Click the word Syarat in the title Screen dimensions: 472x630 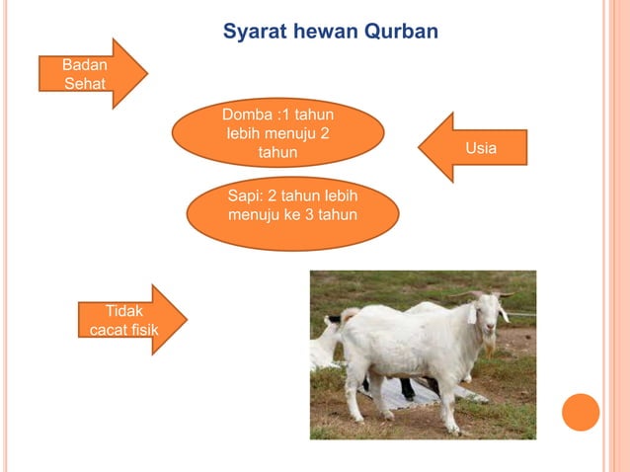coord(254,32)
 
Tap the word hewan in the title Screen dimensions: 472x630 coord(325,32)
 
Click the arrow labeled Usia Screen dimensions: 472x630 coord(472,148)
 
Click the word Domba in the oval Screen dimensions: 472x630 coord(243,116)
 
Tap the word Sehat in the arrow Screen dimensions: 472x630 coord(85,83)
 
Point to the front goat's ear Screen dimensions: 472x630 coord(471,315)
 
